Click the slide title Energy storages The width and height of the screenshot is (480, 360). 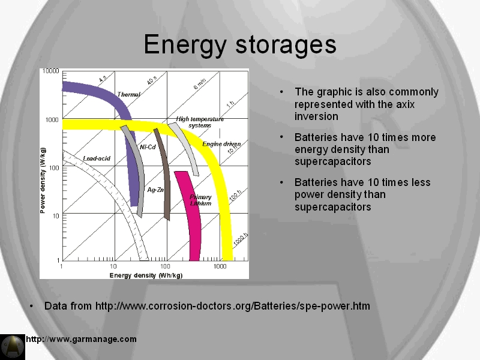pos(240,45)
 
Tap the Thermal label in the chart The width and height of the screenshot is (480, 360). pos(128,95)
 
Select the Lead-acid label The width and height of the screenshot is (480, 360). pos(97,158)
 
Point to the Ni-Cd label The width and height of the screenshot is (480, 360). pos(148,147)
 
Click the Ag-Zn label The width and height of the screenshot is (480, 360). pos(155,190)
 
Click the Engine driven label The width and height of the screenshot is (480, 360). pos(221,144)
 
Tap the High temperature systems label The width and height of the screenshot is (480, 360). pos(200,122)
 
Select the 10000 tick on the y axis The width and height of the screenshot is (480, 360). pos(50,71)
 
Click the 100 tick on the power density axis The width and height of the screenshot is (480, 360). pos(54,168)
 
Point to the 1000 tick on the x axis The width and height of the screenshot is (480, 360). pos(220,266)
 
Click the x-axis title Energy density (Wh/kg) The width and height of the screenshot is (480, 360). pos(146,275)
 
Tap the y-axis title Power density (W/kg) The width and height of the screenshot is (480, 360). pos(43,180)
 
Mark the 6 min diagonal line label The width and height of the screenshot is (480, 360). pos(200,83)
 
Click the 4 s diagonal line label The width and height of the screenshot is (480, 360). pos(103,79)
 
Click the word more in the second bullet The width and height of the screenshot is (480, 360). pos(424,137)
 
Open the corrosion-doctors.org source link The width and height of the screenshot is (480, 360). pos(233,306)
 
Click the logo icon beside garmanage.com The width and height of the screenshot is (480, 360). pos(13,347)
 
